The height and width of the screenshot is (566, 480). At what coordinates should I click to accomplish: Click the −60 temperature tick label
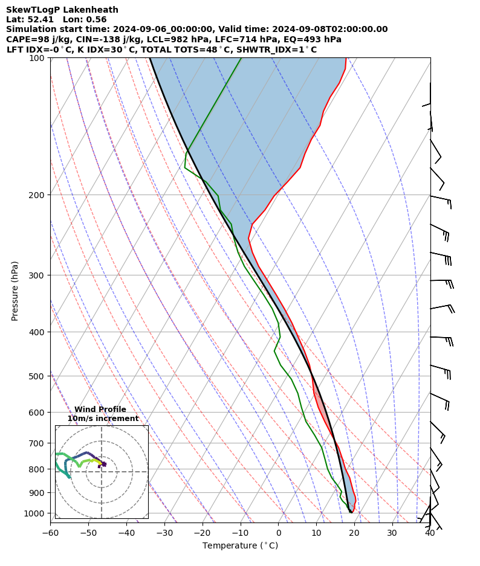pyautogui.click(x=50, y=533)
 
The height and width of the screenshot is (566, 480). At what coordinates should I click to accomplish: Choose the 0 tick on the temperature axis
pyautogui.click(x=278, y=533)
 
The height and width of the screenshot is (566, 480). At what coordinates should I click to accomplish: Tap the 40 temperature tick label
pyautogui.click(x=430, y=533)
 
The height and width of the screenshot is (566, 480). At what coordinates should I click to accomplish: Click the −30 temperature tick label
pyautogui.click(x=164, y=533)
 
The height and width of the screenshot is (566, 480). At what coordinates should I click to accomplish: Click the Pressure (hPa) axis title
pyautogui.click(x=15, y=291)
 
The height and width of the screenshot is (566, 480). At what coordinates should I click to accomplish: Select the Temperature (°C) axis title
pyautogui.click(x=240, y=546)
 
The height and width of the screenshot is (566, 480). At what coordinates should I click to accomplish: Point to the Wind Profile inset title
pyautogui.click(x=100, y=410)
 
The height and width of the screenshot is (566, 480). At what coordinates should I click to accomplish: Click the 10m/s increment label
pyautogui.click(x=103, y=419)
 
